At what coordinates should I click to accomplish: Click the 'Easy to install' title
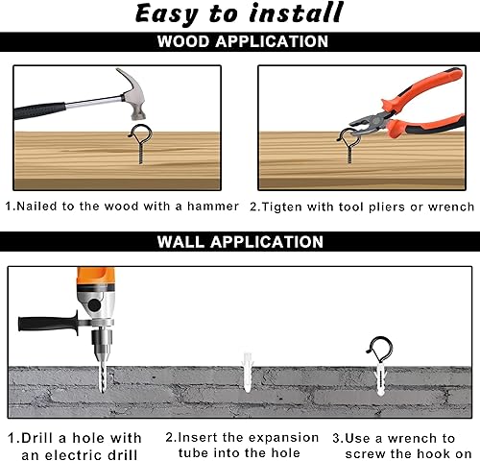click(239, 13)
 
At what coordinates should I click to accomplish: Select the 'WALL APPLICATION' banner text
click(240, 241)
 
